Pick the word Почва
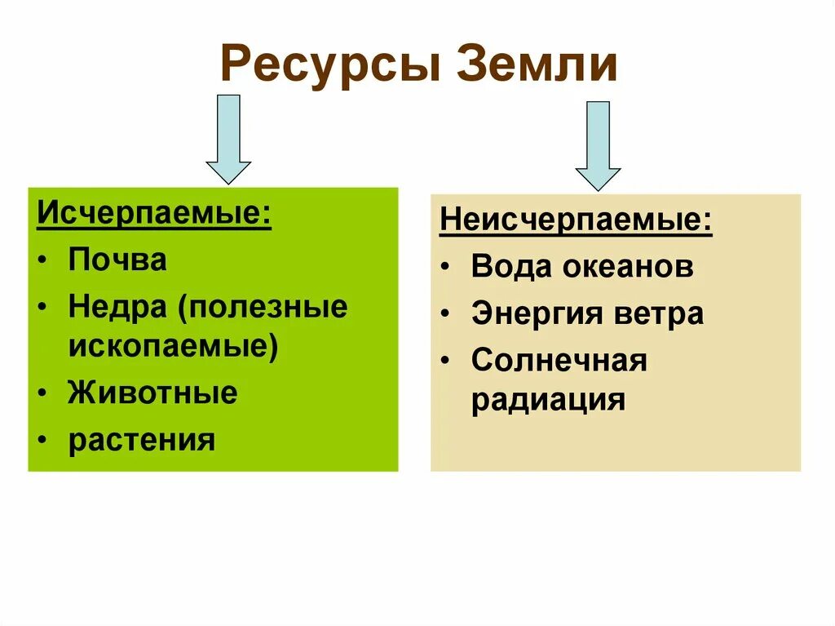[117, 260]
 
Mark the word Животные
[153, 393]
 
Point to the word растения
[142, 440]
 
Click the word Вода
[507, 267]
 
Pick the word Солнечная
[559, 360]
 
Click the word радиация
[549, 401]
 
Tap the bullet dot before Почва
[42, 261]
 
